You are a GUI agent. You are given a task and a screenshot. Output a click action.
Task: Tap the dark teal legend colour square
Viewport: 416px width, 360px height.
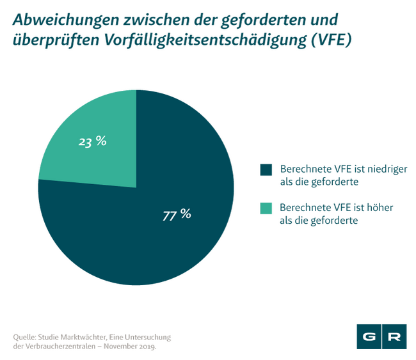point(266,169)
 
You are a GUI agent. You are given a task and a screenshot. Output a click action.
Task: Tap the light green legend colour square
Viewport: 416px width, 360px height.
point(266,208)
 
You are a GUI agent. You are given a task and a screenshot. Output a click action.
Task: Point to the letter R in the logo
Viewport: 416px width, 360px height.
point(396,336)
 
